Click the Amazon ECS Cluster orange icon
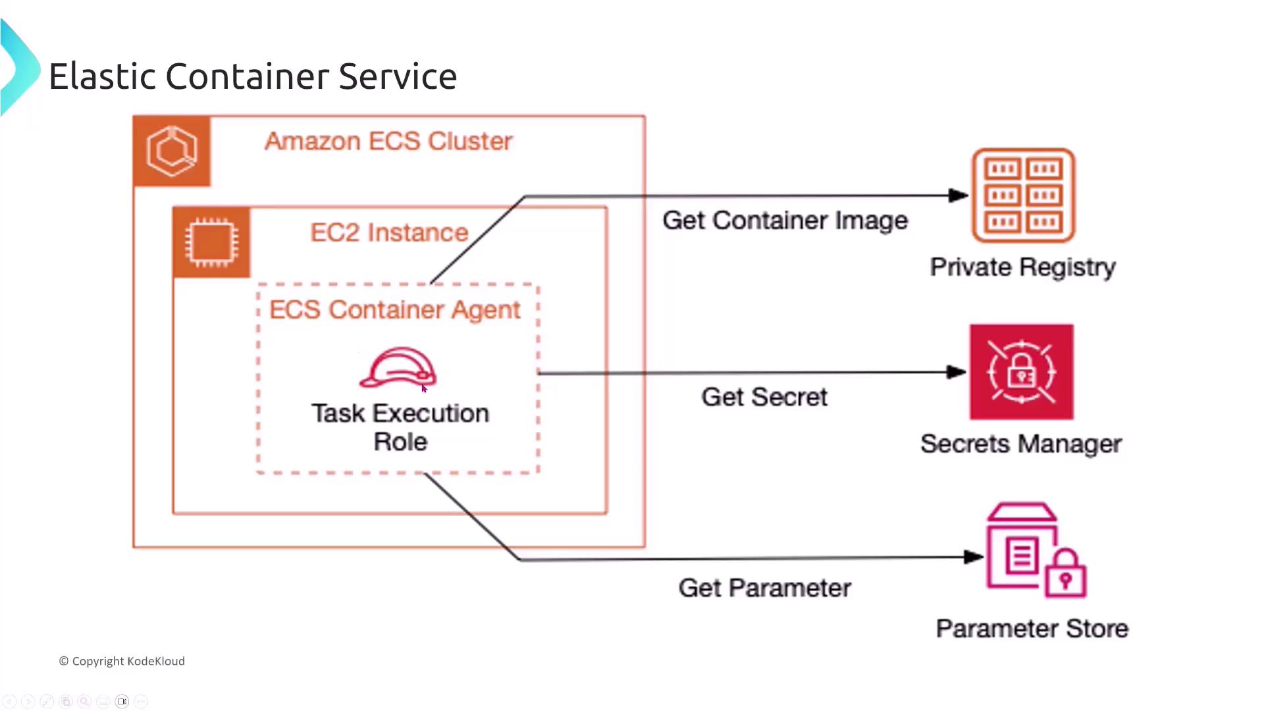[x=172, y=151]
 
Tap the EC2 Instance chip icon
[x=211, y=242]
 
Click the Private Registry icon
[x=1023, y=196]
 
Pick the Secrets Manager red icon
[x=1021, y=372]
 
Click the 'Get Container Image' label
[x=785, y=221]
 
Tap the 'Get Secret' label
[x=764, y=397]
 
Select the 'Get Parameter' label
[x=764, y=588]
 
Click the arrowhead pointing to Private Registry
[x=959, y=195]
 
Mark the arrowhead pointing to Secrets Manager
[x=957, y=372]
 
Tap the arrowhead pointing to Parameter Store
[x=974, y=557]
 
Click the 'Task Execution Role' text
[x=400, y=427]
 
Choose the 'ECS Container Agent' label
[x=394, y=309]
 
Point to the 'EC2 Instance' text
[x=389, y=232]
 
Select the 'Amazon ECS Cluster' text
[x=388, y=141]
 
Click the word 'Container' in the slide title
[x=247, y=76]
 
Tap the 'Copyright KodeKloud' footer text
[x=122, y=661]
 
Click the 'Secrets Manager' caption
[x=1020, y=444]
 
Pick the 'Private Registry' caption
[x=1022, y=267]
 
